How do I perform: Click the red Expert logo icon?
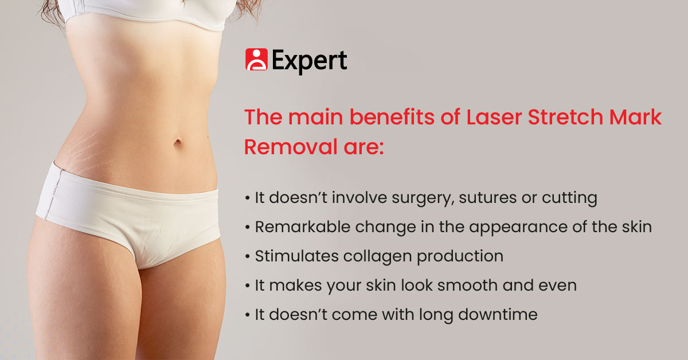point(256,59)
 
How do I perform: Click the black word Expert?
point(309,61)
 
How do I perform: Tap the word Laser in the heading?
point(494,117)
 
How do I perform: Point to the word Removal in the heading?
point(291,147)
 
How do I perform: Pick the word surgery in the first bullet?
point(423,198)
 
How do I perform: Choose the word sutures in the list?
point(488,198)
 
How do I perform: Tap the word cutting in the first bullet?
point(569,198)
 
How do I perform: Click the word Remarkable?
point(303,227)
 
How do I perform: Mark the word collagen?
point(377,257)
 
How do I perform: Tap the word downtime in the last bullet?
point(498,315)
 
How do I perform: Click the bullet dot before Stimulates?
point(248,256)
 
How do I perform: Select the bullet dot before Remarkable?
point(248,228)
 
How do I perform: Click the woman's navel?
point(178,143)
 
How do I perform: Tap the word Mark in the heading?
point(635,117)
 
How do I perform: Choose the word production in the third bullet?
point(460,257)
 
